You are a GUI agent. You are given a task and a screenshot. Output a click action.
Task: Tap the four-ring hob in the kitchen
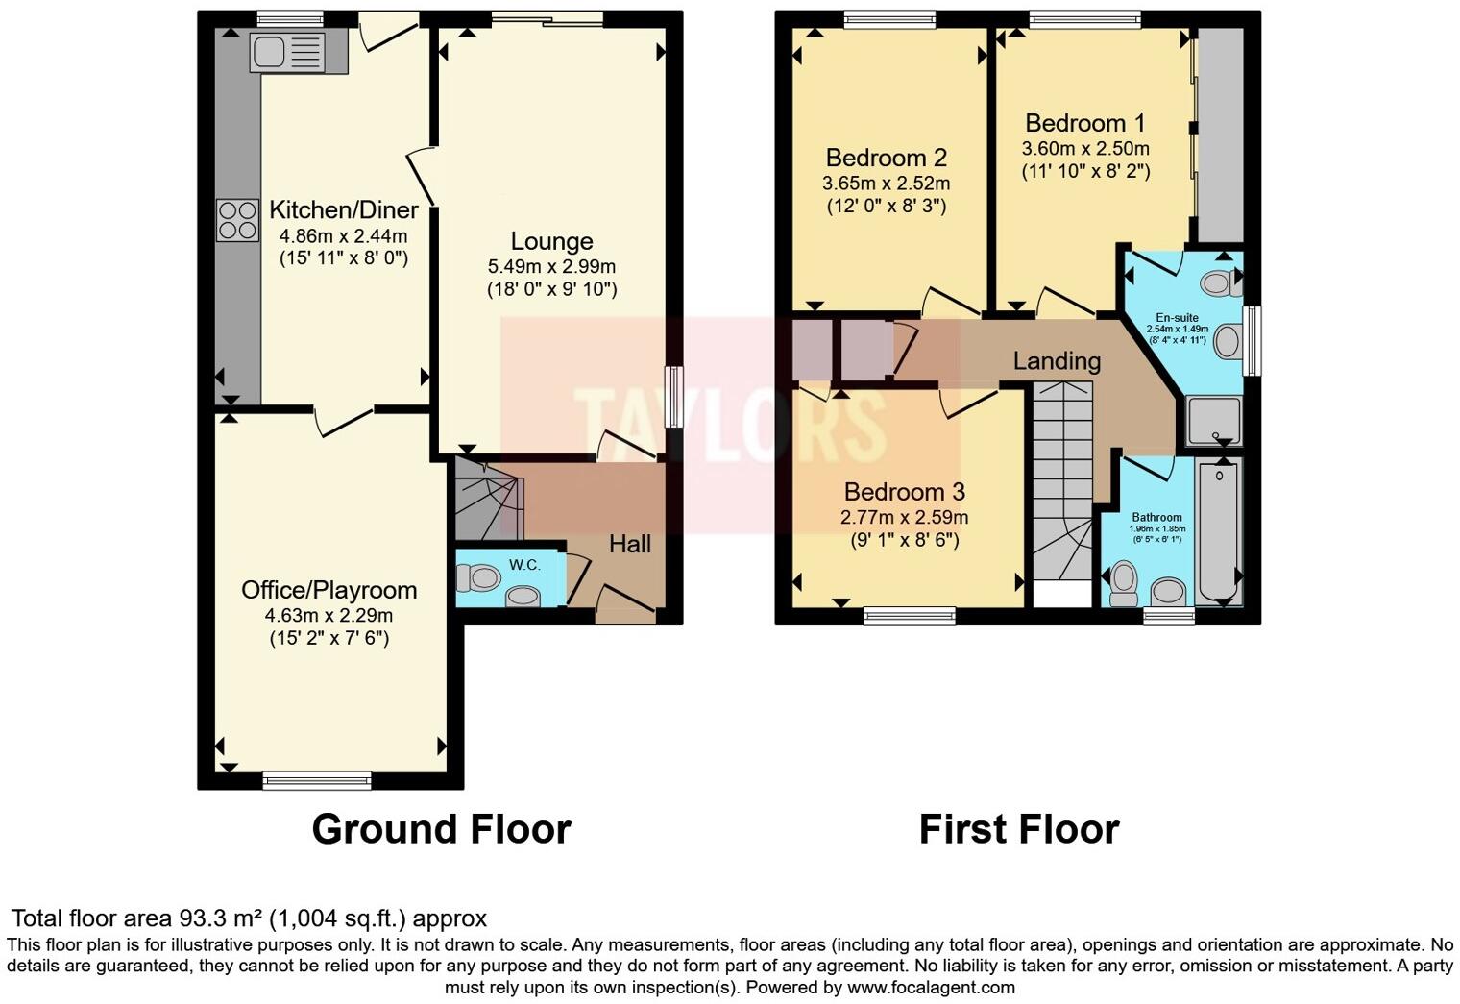point(237,220)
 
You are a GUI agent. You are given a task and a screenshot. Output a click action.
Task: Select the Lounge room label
point(551,241)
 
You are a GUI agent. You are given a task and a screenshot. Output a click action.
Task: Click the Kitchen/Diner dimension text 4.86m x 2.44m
point(343,235)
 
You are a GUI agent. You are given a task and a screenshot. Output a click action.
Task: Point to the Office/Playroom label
point(328,590)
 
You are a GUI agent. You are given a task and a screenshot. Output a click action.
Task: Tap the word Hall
point(630,544)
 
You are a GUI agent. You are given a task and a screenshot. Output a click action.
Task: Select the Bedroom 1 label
point(1084,123)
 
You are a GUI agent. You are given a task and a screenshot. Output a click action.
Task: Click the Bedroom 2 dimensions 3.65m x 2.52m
point(886,183)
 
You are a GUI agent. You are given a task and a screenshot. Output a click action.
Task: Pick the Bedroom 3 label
point(904,492)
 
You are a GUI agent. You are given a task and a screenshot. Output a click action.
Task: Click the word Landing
point(1057,361)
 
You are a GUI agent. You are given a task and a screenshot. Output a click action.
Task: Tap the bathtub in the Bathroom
point(1220,530)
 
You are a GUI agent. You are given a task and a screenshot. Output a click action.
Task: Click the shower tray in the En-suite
point(1213,421)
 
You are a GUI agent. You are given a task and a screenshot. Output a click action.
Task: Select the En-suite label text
point(1177,318)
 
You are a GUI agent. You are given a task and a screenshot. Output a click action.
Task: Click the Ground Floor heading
point(441,829)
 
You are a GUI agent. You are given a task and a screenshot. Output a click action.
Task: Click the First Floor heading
point(1018,829)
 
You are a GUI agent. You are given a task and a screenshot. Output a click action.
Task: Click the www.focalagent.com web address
point(930,987)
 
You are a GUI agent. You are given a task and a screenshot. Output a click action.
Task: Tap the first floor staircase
point(1061,480)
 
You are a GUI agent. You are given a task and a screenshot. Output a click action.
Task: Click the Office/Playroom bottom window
point(317,780)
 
